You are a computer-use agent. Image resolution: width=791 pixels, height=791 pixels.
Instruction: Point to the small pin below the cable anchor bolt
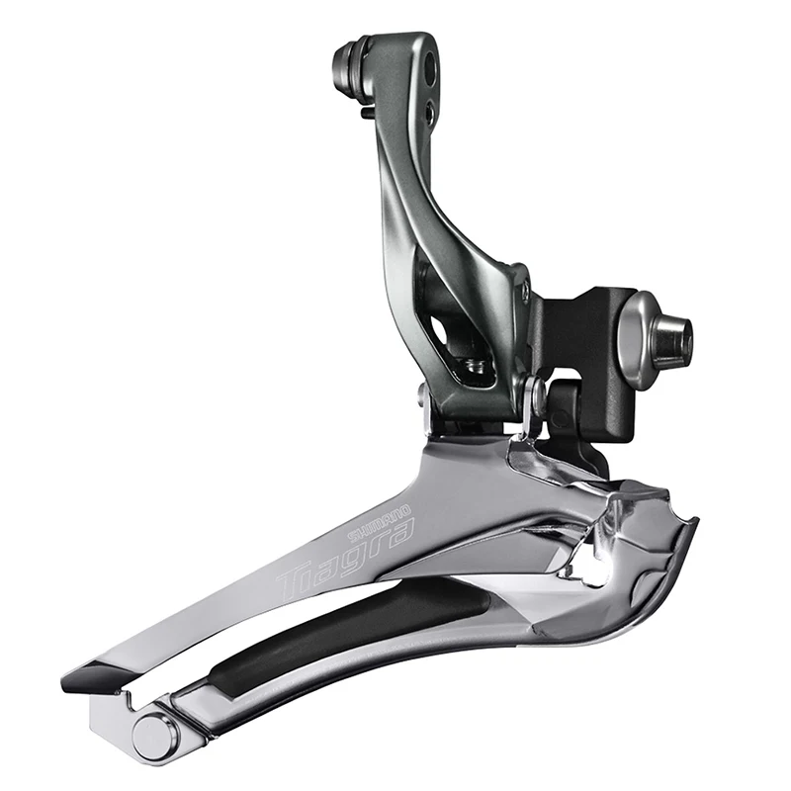(367, 113)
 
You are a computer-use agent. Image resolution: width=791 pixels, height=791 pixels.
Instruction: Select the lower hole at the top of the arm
(428, 112)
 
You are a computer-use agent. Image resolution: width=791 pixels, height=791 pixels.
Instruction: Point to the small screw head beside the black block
(524, 291)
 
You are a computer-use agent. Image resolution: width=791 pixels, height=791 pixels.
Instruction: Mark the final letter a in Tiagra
(400, 535)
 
